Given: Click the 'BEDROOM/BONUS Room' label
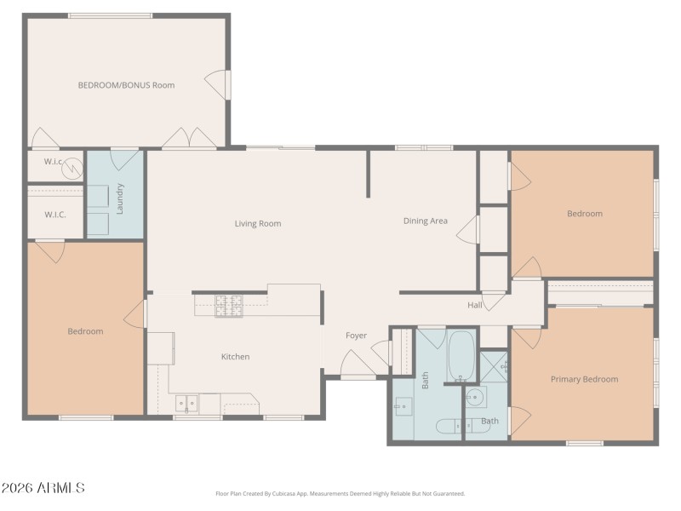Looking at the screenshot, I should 126,85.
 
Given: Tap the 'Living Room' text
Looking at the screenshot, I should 257,224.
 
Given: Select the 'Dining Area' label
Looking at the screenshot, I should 425,221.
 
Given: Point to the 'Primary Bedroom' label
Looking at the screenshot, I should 584,379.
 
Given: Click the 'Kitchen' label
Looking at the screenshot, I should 235,357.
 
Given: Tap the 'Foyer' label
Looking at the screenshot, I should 356,336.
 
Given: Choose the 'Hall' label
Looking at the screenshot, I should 475,305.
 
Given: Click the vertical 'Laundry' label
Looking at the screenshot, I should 120,198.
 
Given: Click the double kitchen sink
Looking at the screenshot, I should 186,402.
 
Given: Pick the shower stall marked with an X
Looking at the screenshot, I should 494,366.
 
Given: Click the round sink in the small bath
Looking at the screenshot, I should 474,398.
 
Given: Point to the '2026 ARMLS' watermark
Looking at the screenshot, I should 43,488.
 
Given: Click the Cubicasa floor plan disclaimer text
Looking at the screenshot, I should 340,493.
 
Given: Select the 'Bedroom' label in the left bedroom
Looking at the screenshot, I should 85,331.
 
